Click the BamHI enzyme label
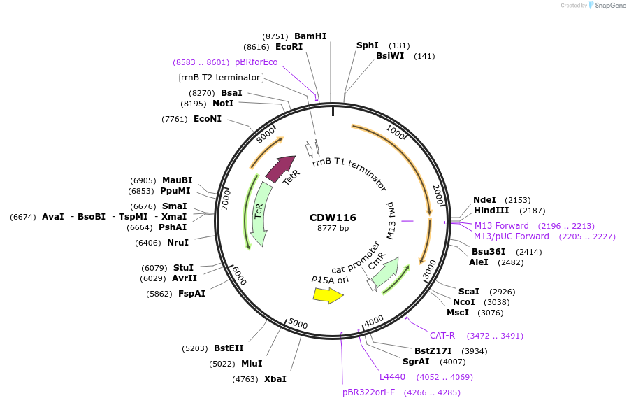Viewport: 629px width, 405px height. click(310, 36)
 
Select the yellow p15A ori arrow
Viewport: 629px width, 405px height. click(328, 296)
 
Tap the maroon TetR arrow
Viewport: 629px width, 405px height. click(281, 170)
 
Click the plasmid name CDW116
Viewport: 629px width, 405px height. click(333, 218)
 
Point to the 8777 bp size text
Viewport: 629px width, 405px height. click(333, 228)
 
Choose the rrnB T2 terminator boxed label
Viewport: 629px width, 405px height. click(220, 78)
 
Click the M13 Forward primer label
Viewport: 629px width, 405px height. click(502, 225)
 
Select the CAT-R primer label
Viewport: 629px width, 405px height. click(442, 336)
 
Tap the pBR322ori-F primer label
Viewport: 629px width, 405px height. click(368, 392)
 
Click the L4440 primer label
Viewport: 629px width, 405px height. click(392, 377)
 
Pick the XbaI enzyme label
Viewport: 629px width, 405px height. click(275, 379)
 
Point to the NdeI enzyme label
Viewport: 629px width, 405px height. click(486, 199)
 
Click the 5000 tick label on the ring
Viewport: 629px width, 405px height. click(298, 325)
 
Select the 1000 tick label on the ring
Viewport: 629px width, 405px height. click(395, 132)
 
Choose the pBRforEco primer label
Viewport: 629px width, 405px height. click(256, 62)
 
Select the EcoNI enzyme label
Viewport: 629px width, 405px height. click(208, 119)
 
